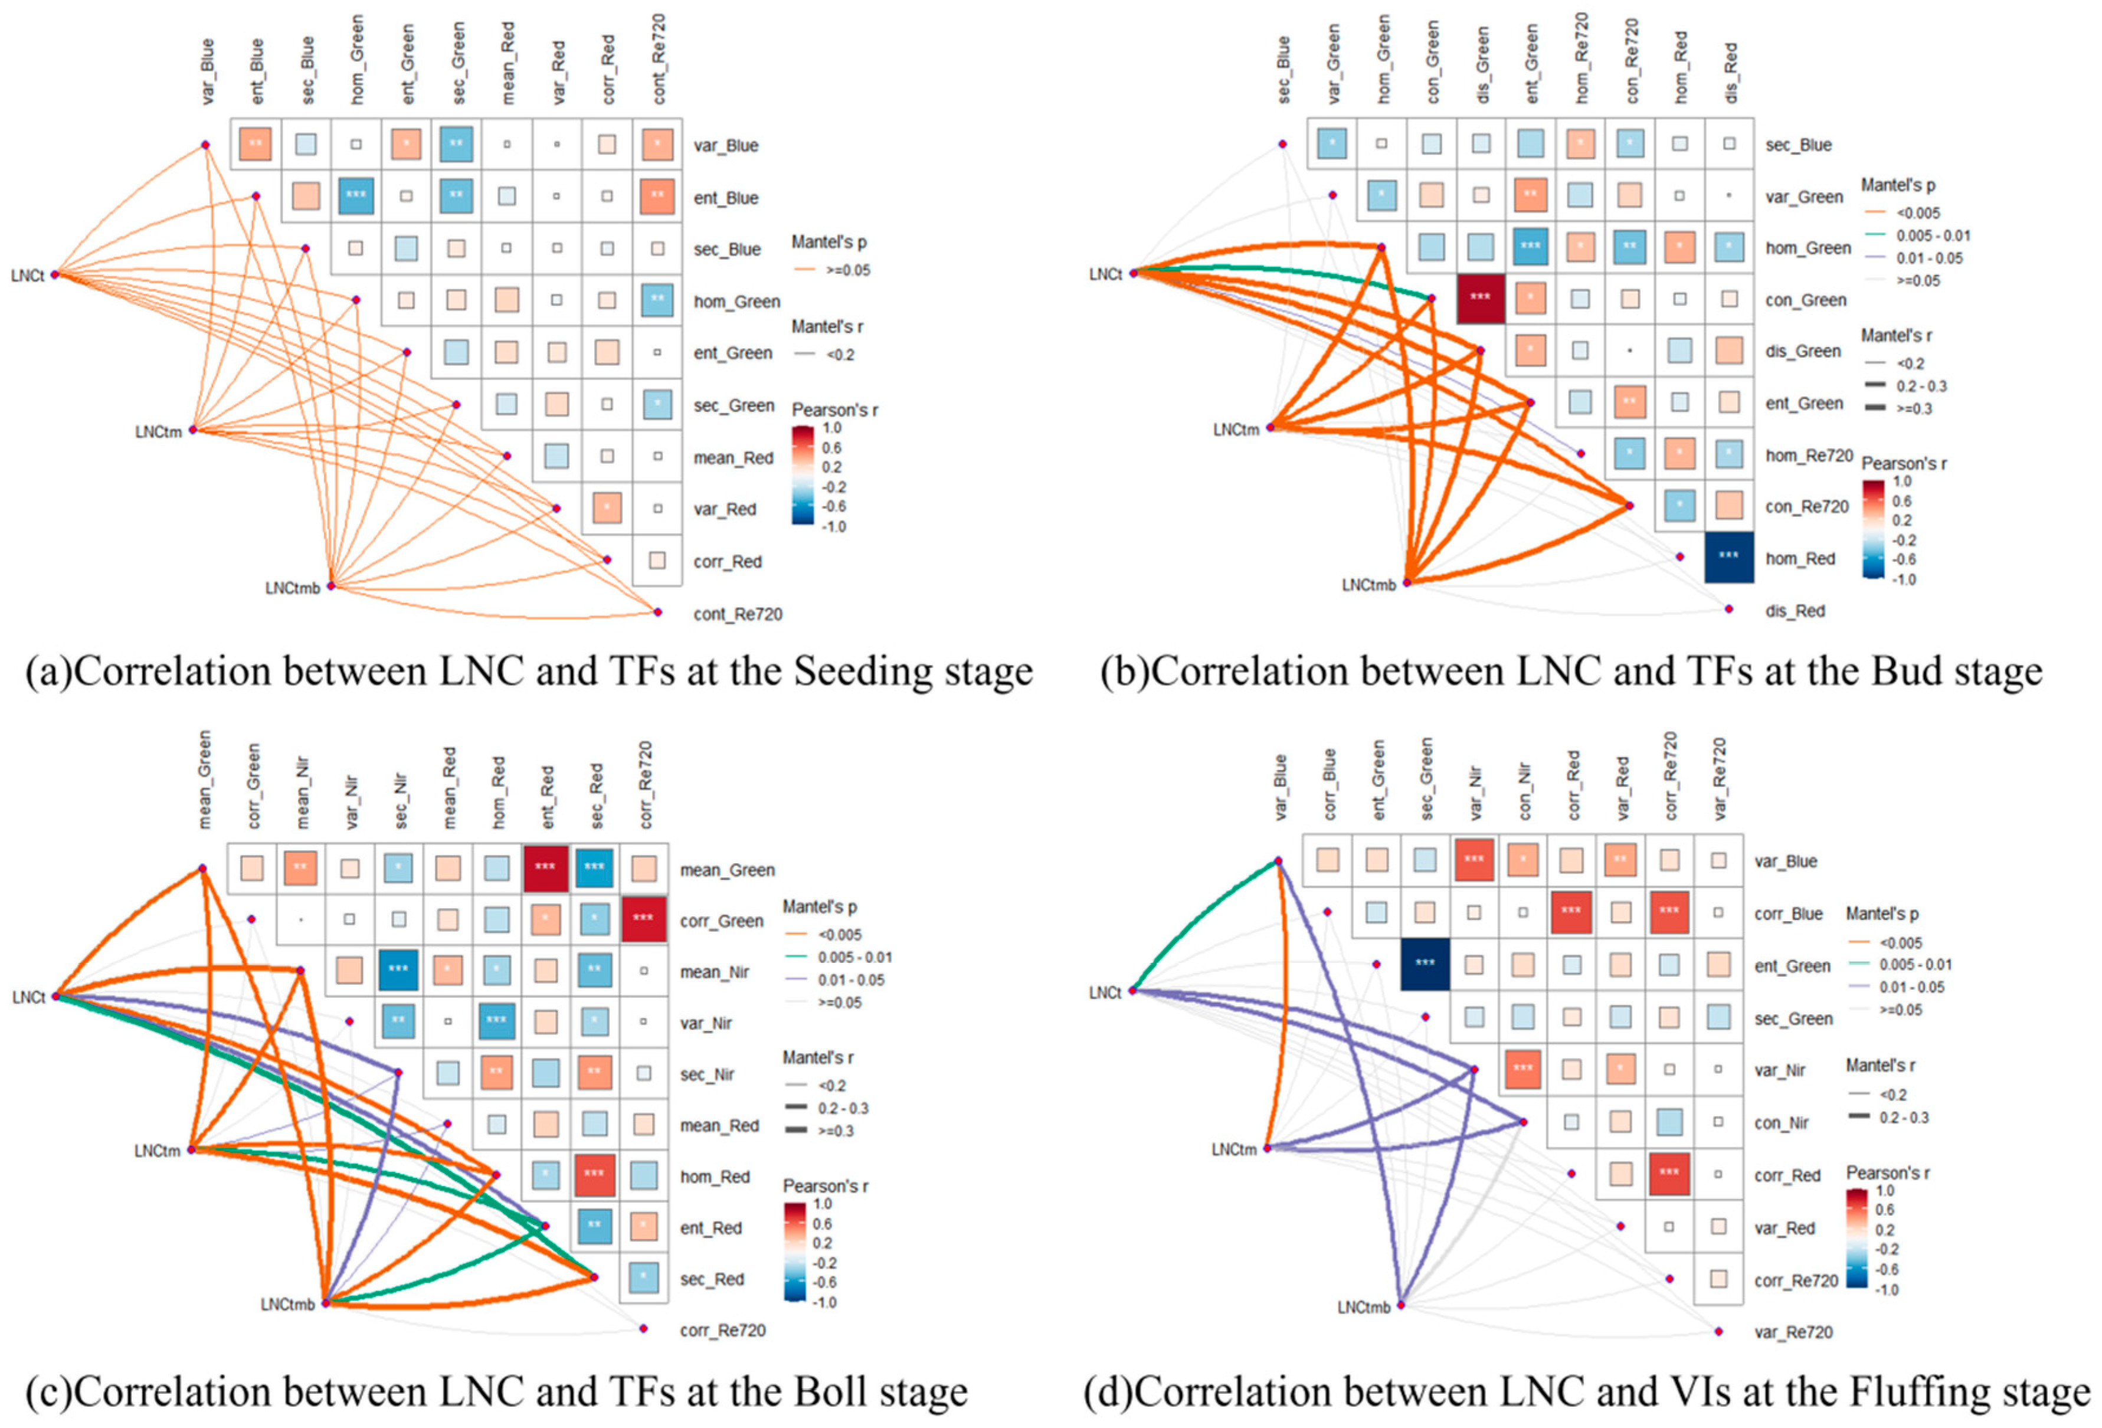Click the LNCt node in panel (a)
[x=54, y=274]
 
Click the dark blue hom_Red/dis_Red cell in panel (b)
[x=1728, y=557]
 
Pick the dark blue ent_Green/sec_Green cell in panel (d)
[x=1425, y=964]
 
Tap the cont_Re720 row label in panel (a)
[x=737, y=614]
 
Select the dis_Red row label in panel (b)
[x=1795, y=611]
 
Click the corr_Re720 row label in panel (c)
[x=723, y=1330]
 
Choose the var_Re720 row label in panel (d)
[x=1793, y=1332]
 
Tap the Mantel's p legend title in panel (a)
[x=829, y=243]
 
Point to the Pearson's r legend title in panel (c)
[x=825, y=1185]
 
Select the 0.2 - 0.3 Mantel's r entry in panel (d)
[x=1903, y=1118]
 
